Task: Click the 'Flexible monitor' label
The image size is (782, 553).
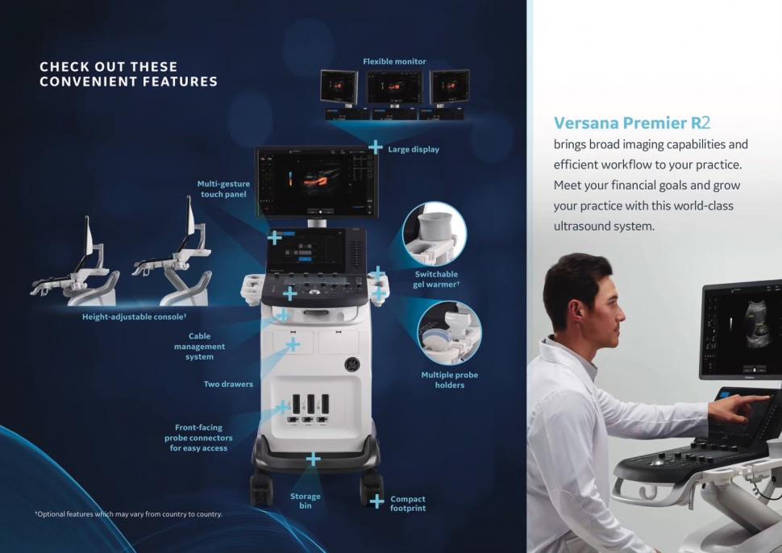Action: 394,62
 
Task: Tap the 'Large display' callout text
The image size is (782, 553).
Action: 414,150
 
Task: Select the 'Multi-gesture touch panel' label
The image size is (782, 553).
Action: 223,189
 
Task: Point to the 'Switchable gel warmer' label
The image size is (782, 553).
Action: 436,279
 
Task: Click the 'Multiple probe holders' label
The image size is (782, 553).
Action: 449,380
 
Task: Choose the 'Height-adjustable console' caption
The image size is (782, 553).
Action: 134,317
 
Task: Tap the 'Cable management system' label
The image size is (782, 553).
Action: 199,347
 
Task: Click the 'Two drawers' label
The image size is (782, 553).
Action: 228,385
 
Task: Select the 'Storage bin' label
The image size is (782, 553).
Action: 306,501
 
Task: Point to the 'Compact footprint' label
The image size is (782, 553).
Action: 408,504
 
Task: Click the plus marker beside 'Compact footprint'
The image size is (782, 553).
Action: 377,501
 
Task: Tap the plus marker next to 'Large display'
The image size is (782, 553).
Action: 375,147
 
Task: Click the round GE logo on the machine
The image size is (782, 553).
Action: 352,364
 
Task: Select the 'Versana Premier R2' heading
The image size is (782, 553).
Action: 632,123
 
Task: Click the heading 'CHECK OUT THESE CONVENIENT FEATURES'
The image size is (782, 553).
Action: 129,74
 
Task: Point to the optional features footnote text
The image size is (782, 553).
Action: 129,514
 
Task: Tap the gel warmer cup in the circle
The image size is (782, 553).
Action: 435,227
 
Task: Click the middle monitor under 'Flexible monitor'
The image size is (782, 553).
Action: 394,88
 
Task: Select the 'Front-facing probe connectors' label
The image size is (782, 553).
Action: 198,438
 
